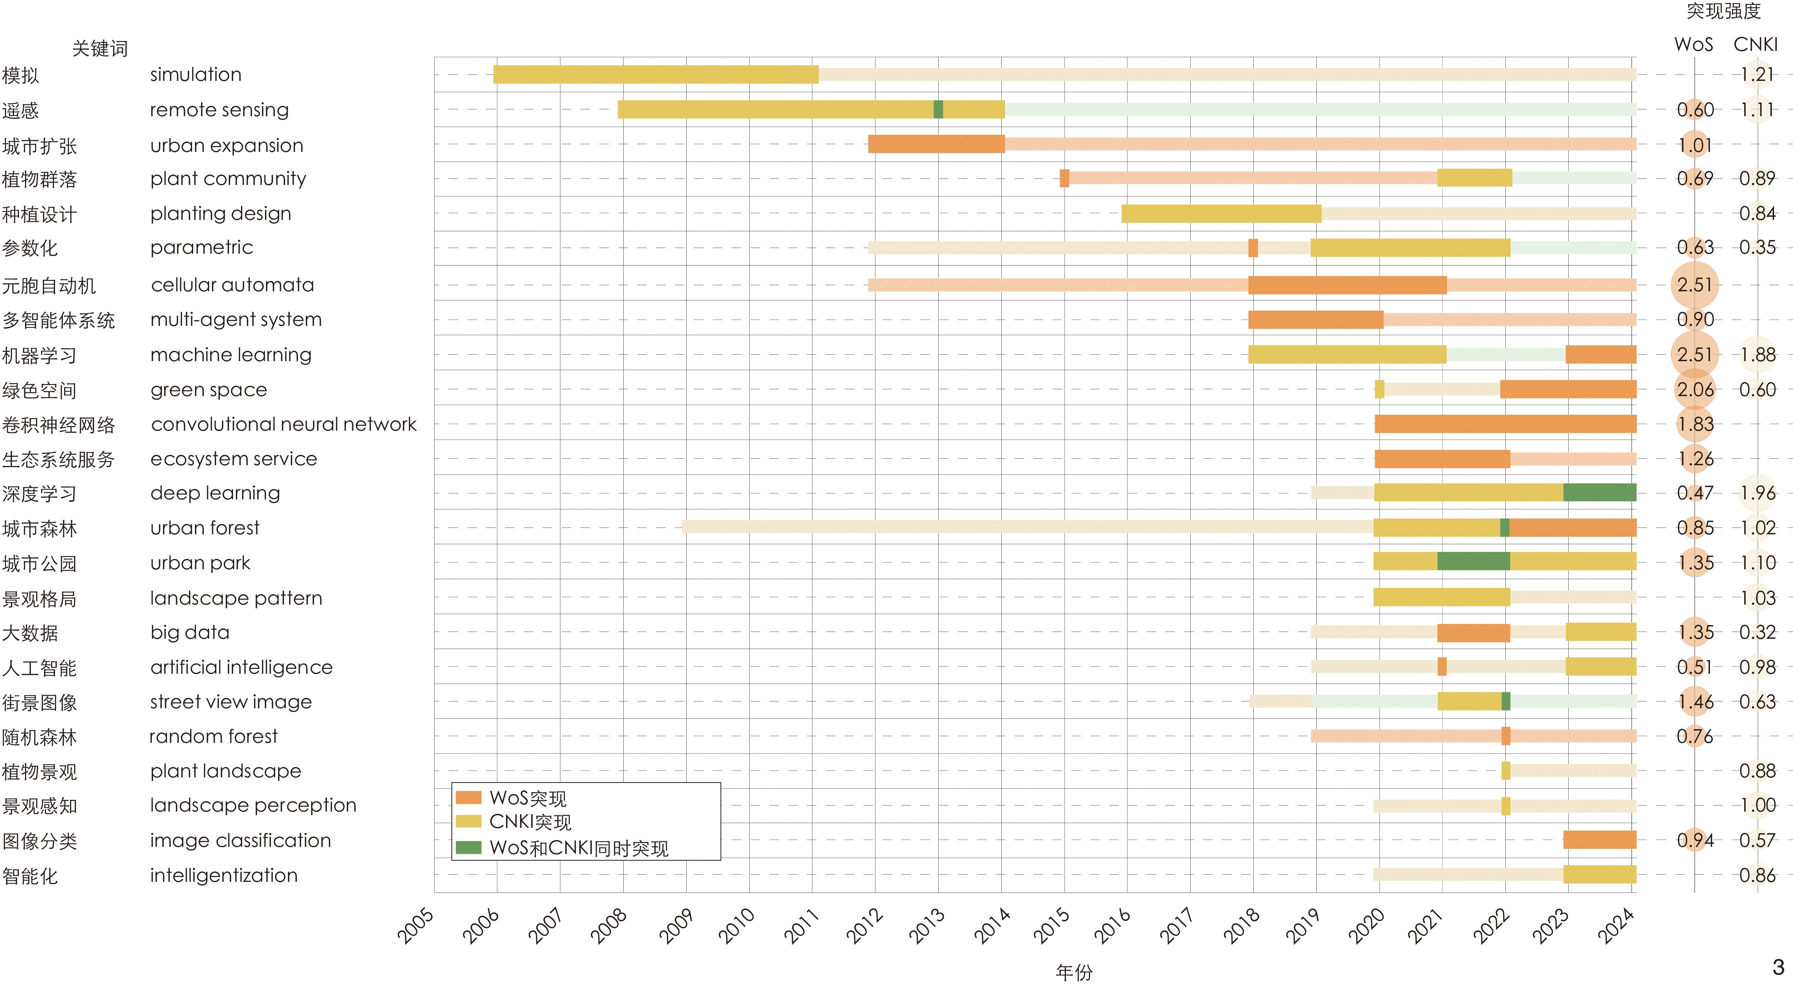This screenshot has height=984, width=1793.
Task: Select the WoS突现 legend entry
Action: click(x=528, y=798)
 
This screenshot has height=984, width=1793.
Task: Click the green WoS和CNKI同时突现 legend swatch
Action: click(x=468, y=848)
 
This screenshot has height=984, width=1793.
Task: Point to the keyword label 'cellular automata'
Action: click(x=233, y=285)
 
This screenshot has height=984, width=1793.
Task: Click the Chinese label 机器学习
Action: click(x=40, y=356)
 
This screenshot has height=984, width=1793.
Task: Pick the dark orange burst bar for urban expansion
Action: click(x=936, y=144)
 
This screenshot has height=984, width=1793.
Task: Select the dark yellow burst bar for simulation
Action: click(x=655, y=74)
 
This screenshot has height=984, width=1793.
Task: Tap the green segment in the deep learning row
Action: click(x=1599, y=492)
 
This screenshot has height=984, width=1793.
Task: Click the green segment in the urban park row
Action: click(x=1473, y=561)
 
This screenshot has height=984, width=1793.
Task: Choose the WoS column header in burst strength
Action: click(x=1694, y=44)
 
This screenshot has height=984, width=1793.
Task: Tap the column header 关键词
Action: click(x=100, y=49)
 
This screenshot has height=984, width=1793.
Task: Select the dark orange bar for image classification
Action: click(x=1599, y=840)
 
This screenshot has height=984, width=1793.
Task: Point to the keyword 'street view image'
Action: click(x=231, y=702)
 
